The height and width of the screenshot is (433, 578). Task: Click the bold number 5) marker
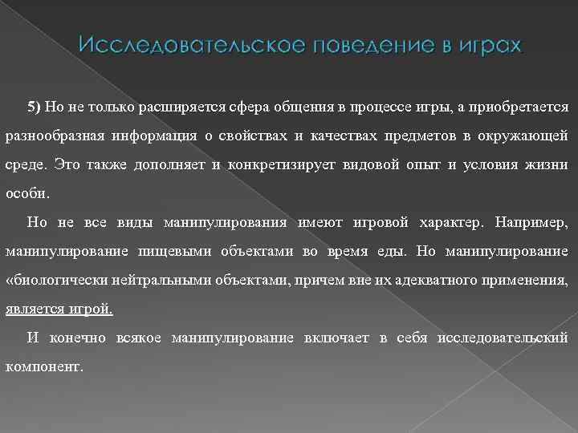[x=35, y=106]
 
